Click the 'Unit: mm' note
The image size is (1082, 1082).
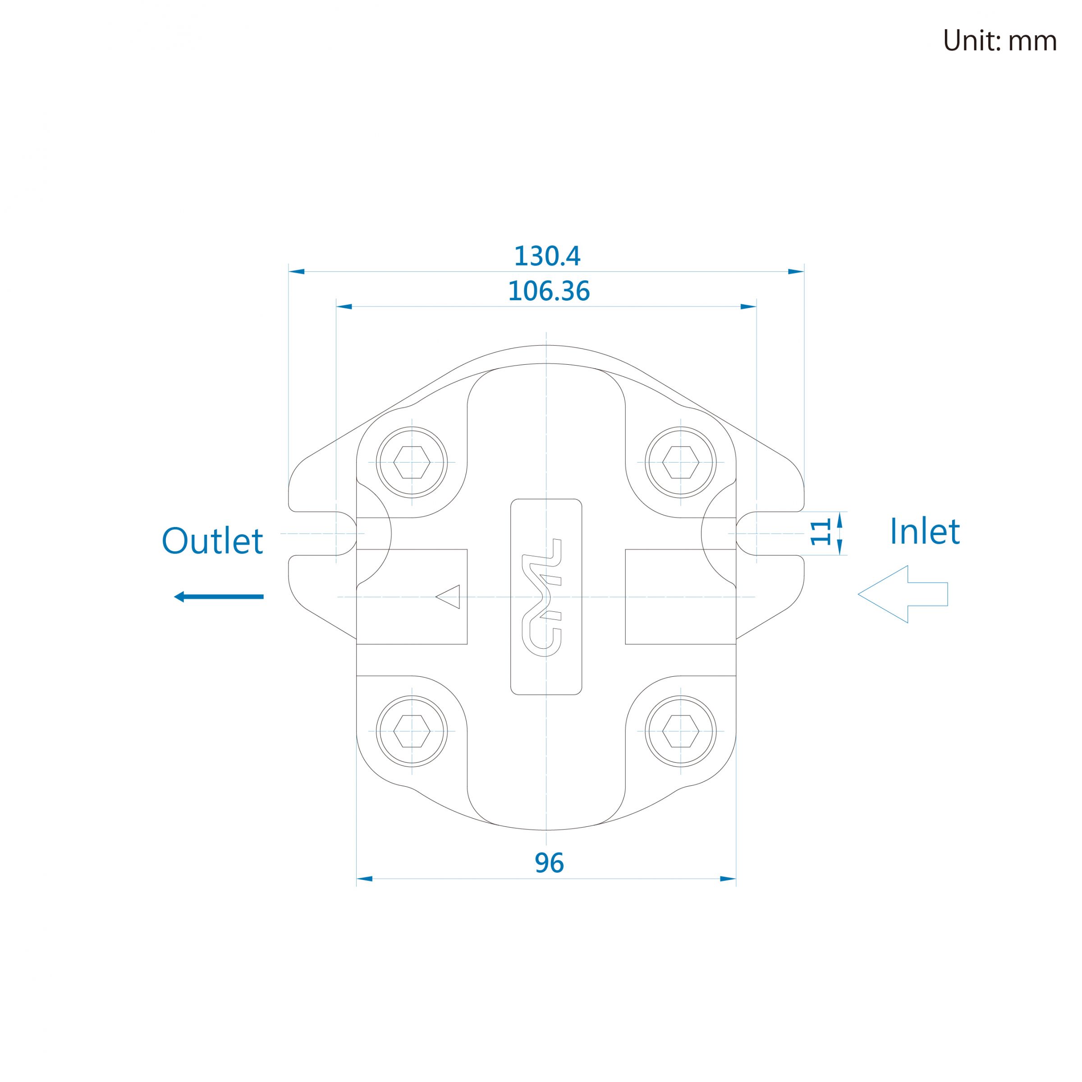pos(999,41)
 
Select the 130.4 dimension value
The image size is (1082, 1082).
pos(547,256)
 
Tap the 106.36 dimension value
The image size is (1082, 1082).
pos(549,291)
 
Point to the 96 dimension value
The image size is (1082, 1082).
pos(549,863)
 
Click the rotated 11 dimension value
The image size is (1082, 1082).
pos(821,532)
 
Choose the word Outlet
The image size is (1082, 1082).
pos(212,541)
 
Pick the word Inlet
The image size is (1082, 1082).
pos(925,532)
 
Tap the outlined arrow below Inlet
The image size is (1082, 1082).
pos(903,594)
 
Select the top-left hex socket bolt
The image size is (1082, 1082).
pos(412,462)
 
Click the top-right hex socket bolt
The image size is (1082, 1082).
pos(680,462)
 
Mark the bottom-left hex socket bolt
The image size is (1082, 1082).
pos(412,731)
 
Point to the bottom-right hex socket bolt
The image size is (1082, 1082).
pos(680,731)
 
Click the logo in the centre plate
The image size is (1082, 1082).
pos(541,597)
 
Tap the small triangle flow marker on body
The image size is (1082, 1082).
pos(448,596)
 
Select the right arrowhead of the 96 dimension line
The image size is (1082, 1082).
pos(728,879)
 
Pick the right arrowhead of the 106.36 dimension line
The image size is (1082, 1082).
pos(748,307)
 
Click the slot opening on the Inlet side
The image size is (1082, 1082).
pos(770,533)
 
